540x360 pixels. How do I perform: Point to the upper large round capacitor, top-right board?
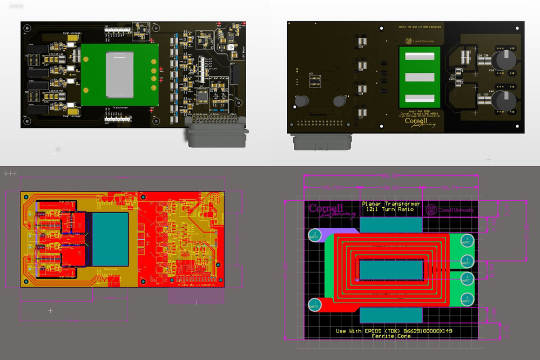pyautogui.click(x=508, y=59)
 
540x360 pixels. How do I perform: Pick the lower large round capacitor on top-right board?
pyautogui.click(x=507, y=101)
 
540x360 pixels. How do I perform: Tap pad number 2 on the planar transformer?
pyautogui.click(x=314, y=235)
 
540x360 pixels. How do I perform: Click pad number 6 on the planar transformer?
pyautogui.click(x=468, y=298)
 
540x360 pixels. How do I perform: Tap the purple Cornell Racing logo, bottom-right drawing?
pyautogui.click(x=330, y=210)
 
